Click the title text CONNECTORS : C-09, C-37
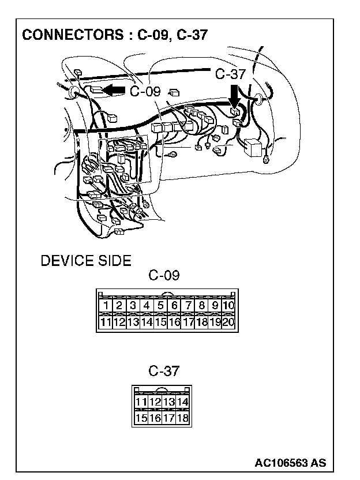(x=114, y=35)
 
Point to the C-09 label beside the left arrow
(x=145, y=92)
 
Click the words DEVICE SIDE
(x=86, y=261)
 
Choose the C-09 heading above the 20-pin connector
(x=164, y=275)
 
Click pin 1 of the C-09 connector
(x=105, y=306)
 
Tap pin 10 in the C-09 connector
(x=228, y=306)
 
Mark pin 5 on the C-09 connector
(x=160, y=306)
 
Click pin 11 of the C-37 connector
(x=141, y=402)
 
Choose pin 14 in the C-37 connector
(x=183, y=402)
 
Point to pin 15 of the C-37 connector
(x=141, y=418)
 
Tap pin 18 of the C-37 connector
(x=183, y=418)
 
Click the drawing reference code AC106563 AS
(x=290, y=463)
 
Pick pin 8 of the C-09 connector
(x=202, y=306)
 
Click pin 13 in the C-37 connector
(x=169, y=402)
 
